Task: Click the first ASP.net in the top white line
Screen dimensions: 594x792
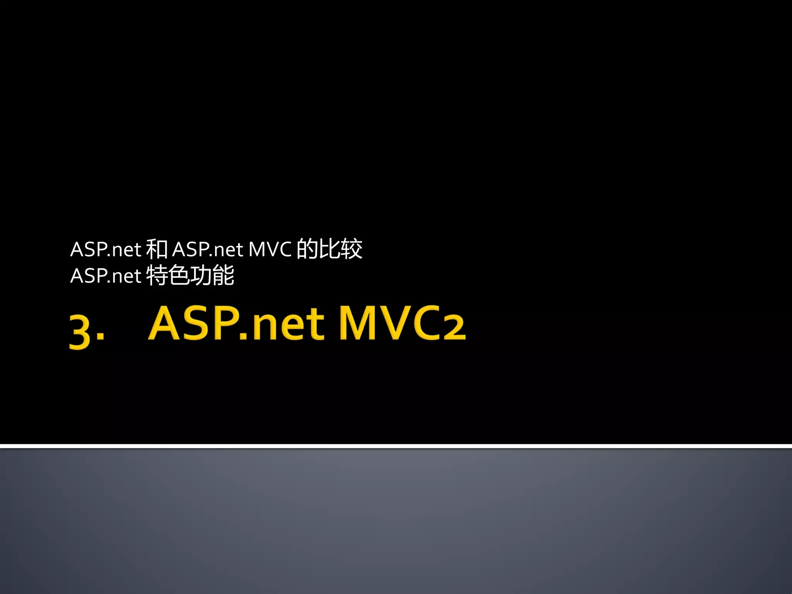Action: coord(105,249)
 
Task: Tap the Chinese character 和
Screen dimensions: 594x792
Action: coord(157,249)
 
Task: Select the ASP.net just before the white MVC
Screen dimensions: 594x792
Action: coord(207,249)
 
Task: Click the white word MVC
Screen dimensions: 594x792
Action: coord(270,249)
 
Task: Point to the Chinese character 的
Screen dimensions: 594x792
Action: coord(307,249)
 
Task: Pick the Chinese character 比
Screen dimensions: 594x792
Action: coord(329,249)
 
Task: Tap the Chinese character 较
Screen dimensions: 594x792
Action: coord(351,249)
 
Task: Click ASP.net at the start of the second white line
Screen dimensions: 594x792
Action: coord(105,276)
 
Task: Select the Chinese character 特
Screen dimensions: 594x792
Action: coord(157,276)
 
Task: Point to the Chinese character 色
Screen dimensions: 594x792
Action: coord(179,276)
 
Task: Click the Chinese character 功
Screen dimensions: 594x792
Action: coord(201,276)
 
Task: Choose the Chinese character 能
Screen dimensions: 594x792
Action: coord(223,276)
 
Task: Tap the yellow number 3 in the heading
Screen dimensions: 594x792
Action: coord(80,331)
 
